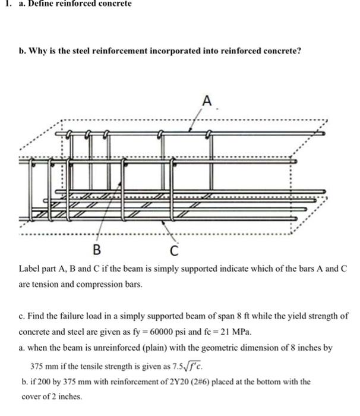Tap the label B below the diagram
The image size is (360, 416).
tap(96, 248)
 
